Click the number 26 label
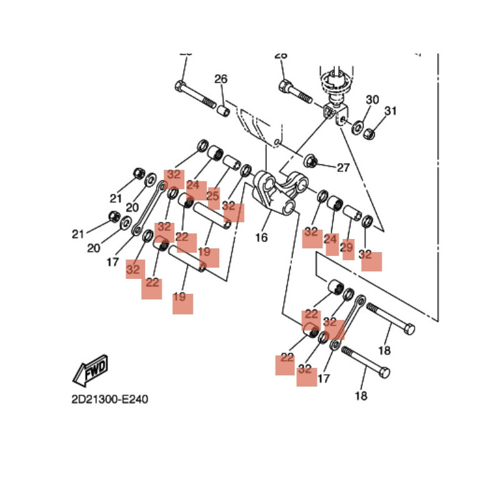tap(221, 79)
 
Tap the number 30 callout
tap(372, 100)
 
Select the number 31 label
tap(390, 111)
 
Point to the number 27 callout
tap(343, 167)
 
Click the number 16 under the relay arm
tap(261, 237)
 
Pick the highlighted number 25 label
tap(214, 197)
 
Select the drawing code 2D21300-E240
tap(110, 399)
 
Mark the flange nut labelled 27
tap(312, 162)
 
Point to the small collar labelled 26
tap(223, 112)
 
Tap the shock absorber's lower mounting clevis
tap(335, 114)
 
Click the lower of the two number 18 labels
tap(361, 396)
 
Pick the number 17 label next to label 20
tap(112, 262)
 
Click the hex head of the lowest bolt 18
tap(384, 373)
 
